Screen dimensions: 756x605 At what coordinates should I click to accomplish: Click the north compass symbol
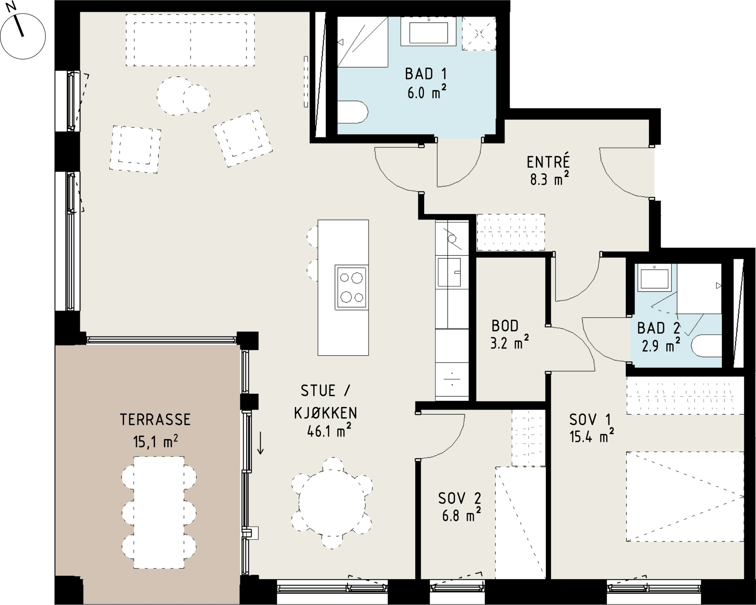(x=23, y=36)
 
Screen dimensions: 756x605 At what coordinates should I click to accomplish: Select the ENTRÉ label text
(x=548, y=162)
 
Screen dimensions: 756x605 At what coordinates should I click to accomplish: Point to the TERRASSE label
(x=155, y=420)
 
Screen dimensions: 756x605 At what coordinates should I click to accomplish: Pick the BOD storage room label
(x=505, y=326)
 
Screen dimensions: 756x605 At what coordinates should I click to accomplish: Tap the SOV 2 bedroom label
(x=460, y=499)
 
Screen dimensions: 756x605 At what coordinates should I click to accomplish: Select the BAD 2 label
(x=659, y=328)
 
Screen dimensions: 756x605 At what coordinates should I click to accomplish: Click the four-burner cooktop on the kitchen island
(x=351, y=287)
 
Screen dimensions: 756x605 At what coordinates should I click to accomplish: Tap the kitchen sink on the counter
(x=450, y=272)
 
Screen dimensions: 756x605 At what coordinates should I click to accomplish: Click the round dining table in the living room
(x=332, y=503)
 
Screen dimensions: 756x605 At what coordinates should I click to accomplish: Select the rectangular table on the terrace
(x=159, y=512)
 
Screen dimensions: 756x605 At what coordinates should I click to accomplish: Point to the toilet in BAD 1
(x=353, y=112)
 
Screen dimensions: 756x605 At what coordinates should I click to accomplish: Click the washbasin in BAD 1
(x=429, y=32)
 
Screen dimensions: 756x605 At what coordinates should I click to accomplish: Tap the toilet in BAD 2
(x=707, y=346)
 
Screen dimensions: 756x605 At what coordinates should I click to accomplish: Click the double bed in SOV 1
(x=685, y=497)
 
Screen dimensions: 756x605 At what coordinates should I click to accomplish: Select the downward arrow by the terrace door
(x=260, y=443)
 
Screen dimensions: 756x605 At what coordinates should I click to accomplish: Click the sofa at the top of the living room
(x=190, y=40)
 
